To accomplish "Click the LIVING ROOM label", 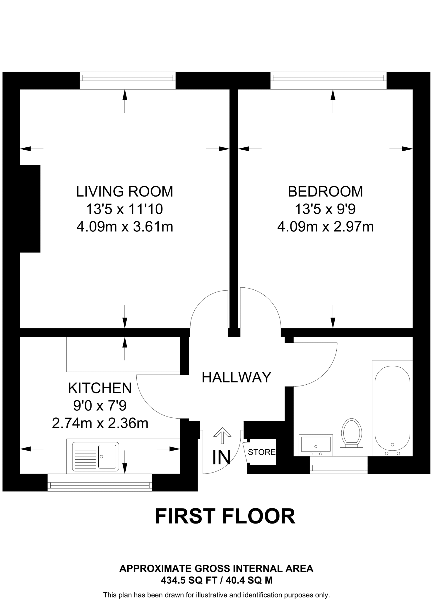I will [125, 192].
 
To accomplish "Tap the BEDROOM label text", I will [325, 192].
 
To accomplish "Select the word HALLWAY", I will [237, 377].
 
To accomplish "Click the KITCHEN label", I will [100, 388].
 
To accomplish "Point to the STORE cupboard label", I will [261, 452].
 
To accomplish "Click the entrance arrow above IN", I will [222, 435].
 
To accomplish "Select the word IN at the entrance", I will [221, 457].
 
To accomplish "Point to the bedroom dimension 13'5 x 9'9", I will [325, 209].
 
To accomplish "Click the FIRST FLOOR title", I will [225, 516].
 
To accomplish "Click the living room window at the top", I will [128, 78].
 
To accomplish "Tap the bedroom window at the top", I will [328, 78].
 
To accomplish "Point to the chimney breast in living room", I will [30, 209].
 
